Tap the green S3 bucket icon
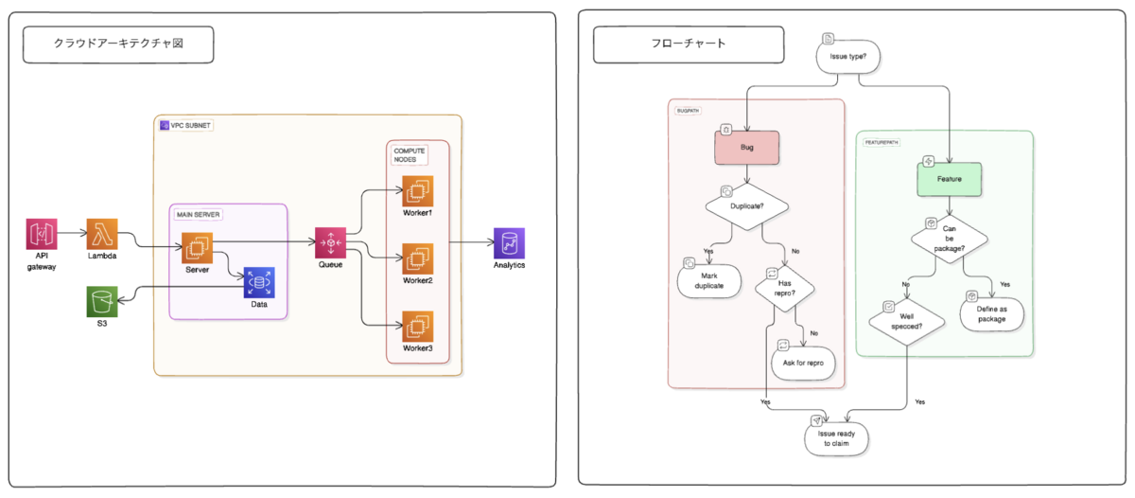click(x=102, y=303)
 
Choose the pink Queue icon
click(x=330, y=243)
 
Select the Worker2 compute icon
click(x=416, y=258)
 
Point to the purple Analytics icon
click(x=509, y=243)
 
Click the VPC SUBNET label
click(x=186, y=125)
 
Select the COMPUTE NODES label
click(x=409, y=156)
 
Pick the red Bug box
click(x=746, y=148)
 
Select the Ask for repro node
click(x=804, y=363)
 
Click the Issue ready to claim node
click(x=836, y=437)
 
